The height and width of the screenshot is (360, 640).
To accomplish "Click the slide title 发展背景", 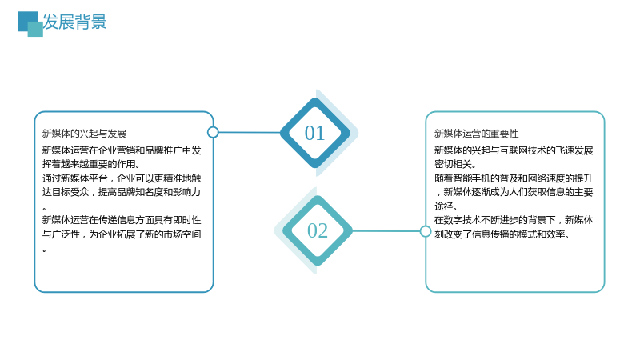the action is [x=74, y=22].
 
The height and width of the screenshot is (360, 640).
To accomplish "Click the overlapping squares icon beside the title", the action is [x=30, y=24].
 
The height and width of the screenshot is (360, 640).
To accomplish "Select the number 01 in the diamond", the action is [x=314, y=133].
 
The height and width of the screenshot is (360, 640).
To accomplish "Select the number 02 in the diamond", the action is [x=317, y=230].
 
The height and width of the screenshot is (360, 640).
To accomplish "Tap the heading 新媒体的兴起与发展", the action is [x=84, y=134].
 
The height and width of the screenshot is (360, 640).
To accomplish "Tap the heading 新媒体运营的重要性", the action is [x=476, y=134].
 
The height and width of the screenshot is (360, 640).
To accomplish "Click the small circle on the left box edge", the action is [x=213, y=132].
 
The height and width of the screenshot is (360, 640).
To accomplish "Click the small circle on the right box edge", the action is [x=426, y=231].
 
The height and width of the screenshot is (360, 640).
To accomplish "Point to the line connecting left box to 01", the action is [x=250, y=132].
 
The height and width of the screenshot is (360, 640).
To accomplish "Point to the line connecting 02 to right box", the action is [x=386, y=231].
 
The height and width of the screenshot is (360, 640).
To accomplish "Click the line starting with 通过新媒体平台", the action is [x=122, y=178].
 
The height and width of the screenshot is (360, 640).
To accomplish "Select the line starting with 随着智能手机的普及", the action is [x=514, y=178].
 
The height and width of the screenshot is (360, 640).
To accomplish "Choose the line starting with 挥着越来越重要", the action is [x=91, y=164].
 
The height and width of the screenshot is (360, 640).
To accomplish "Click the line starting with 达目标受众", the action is [x=122, y=192].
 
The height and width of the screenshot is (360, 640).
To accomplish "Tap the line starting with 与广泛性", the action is [x=122, y=234].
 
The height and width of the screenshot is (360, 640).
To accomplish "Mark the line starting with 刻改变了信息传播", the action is [x=502, y=234].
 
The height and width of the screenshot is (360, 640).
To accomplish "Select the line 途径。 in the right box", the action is [x=446, y=206].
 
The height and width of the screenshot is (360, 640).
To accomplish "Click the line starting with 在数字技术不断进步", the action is [x=514, y=220].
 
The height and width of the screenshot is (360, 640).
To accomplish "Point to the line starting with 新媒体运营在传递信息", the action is [x=122, y=220].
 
